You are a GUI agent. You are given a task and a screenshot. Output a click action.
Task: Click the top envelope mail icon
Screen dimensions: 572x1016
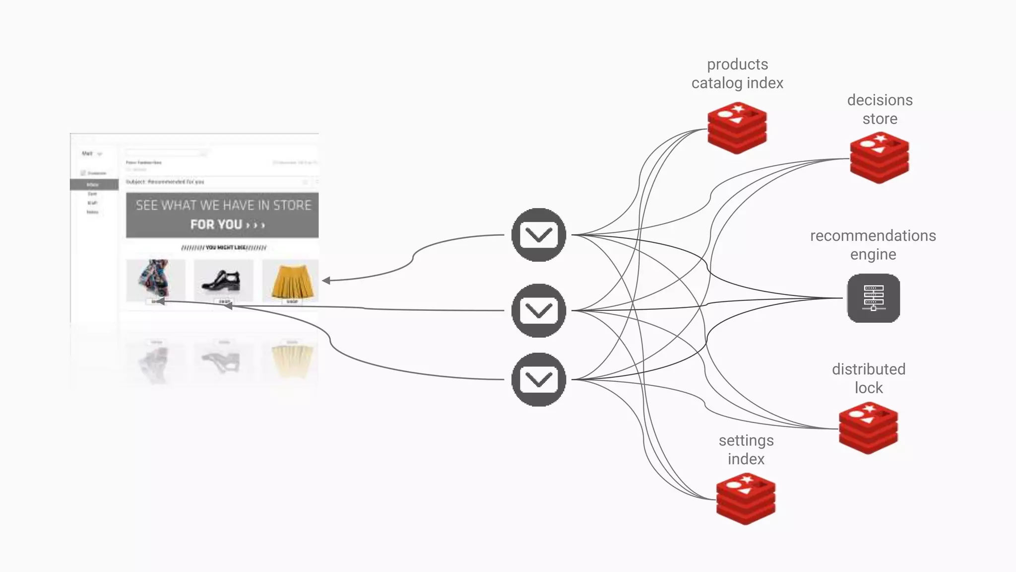pos(539,235)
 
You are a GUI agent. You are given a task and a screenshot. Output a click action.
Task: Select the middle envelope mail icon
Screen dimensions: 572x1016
pos(539,311)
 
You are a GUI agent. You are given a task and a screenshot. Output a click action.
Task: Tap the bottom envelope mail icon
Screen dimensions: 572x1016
pos(539,380)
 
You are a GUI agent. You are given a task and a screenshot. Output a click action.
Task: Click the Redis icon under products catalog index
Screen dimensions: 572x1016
pos(737,128)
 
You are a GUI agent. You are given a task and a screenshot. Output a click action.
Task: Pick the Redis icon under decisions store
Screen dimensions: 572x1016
pos(880,158)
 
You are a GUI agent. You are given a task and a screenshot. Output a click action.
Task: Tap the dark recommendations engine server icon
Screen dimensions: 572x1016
pos(874,298)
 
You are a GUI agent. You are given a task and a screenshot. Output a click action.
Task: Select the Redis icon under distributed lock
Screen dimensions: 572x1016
pos(868,428)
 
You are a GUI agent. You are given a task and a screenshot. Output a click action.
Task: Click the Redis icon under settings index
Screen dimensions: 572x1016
pos(746,499)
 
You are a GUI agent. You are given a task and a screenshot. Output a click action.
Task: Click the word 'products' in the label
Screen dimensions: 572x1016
pos(737,65)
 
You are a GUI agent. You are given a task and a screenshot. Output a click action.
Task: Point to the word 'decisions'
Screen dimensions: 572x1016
pos(880,100)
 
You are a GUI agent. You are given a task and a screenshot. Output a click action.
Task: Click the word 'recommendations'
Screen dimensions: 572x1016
pos(873,236)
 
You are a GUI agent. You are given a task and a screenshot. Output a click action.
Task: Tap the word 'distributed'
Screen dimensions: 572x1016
pos(868,369)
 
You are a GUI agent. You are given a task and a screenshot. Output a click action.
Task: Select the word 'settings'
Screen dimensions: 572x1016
pos(746,441)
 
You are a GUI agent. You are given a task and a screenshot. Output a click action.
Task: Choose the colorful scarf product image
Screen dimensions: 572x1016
pos(155,279)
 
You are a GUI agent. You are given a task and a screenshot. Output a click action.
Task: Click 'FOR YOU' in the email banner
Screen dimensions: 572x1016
pos(216,224)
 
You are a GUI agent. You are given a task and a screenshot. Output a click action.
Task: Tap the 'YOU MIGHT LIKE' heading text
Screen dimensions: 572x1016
pos(224,247)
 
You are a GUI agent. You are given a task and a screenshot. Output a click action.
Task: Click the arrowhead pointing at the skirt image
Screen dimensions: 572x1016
pos(326,281)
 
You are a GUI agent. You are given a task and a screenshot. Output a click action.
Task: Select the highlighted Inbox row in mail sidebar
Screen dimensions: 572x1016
pos(94,185)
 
